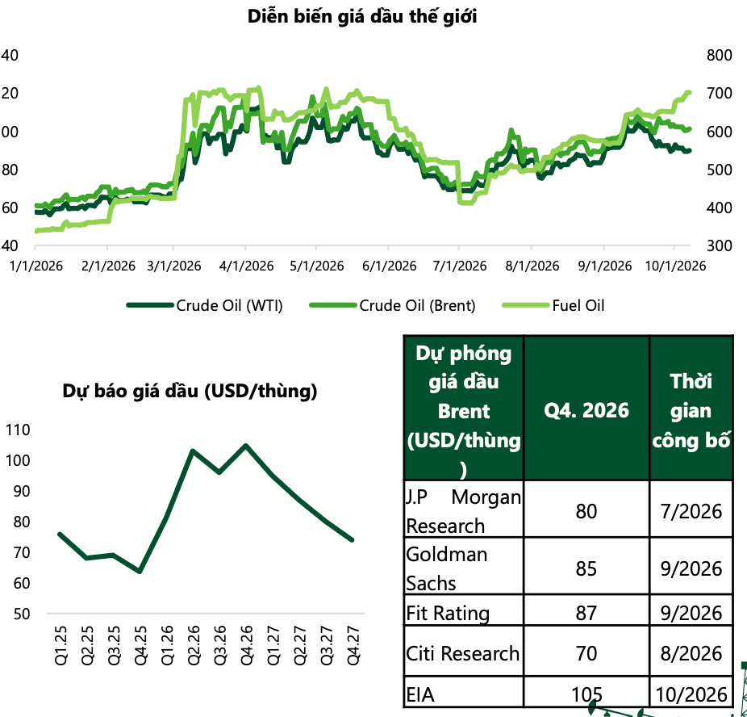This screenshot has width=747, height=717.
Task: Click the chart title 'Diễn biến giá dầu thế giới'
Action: [362, 17]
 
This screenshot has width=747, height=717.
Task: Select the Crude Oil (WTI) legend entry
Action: [205, 305]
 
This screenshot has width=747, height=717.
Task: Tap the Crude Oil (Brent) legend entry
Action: [393, 305]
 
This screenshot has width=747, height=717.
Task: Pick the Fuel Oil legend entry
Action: [553, 305]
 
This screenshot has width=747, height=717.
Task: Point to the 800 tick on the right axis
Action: [720, 55]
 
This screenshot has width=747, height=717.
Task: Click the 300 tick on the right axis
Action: [720, 245]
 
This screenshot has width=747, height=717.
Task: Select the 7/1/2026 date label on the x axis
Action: [460, 266]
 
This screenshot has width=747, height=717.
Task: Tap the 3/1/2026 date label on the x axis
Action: [174, 266]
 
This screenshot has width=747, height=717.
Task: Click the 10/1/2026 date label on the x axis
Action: [675, 266]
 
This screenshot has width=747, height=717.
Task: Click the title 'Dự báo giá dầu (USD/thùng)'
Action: [190, 392]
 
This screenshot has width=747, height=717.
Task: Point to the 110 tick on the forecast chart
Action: [18, 430]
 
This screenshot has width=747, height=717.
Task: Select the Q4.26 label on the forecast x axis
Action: [247, 645]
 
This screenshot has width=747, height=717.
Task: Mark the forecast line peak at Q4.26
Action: [246, 446]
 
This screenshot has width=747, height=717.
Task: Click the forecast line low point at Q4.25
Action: [140, 571]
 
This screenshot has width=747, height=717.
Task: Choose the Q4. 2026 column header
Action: [586, 410]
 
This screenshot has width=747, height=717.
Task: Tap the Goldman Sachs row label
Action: [447, 568]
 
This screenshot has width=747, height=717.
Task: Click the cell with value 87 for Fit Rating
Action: [586, 613]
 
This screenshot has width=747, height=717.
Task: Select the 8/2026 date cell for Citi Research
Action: [691, 653]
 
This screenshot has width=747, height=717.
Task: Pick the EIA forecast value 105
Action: [586, 694]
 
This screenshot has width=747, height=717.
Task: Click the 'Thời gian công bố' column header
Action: [691, 411]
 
